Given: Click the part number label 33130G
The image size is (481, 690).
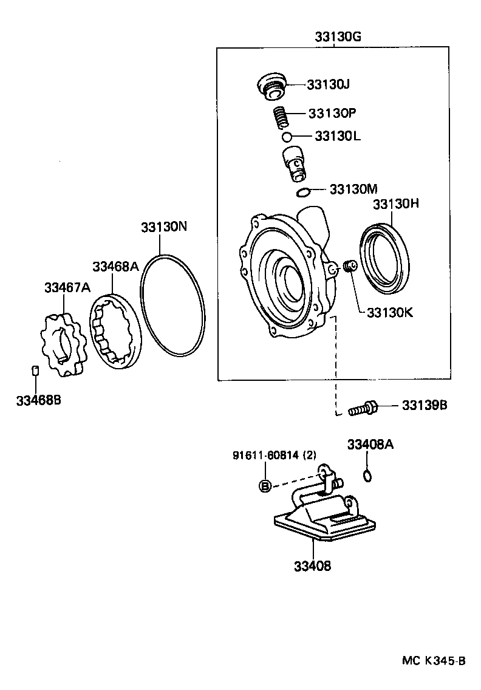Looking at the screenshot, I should (x=338, y=37).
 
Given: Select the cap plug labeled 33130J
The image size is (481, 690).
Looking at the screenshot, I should (x=271, y=85).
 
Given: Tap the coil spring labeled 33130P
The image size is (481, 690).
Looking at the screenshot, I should (x=279, y=117).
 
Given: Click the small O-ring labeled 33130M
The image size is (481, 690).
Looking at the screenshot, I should (x=303, y=193).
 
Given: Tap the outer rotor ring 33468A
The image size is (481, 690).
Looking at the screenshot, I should (x=116, y=331).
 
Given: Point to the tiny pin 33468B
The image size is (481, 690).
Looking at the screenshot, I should (x=35, y=371).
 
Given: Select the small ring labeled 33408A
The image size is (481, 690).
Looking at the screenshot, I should (x=367, y=475).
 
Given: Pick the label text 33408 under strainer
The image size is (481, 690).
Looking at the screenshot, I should (x=312, y=566).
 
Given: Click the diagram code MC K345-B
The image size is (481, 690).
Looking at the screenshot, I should (x=434, y=660).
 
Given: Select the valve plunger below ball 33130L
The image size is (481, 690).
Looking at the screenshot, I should (x=293, y=163).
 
